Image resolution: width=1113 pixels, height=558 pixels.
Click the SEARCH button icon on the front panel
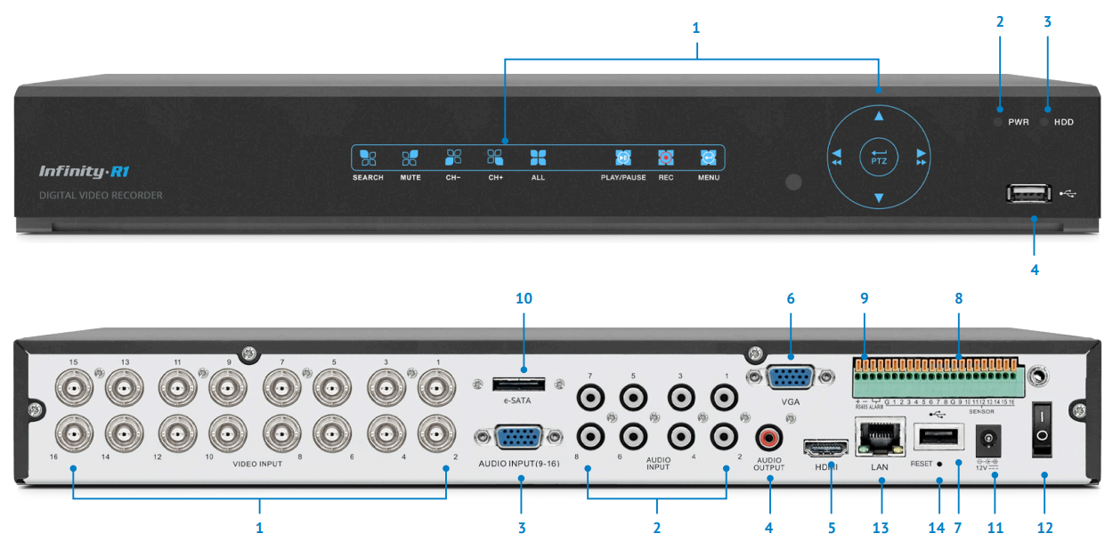point(368,158)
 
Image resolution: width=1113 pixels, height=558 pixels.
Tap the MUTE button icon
point(410,158)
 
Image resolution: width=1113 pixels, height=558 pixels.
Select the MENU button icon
point(708,158)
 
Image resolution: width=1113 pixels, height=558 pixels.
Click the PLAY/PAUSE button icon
point(623,158)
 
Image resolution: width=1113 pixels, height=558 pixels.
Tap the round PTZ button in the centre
point(879,158)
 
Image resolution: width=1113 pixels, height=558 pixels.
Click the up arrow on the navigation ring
point(879,116)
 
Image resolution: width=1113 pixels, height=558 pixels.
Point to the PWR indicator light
point(998,122)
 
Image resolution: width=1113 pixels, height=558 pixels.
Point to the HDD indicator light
point(1044,122)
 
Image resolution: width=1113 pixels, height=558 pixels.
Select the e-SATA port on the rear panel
point(519,384)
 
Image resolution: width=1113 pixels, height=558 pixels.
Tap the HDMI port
point(825,447)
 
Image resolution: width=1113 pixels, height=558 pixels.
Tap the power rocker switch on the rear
point(1043,429)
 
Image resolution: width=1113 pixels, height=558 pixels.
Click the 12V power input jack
point(987,440)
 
